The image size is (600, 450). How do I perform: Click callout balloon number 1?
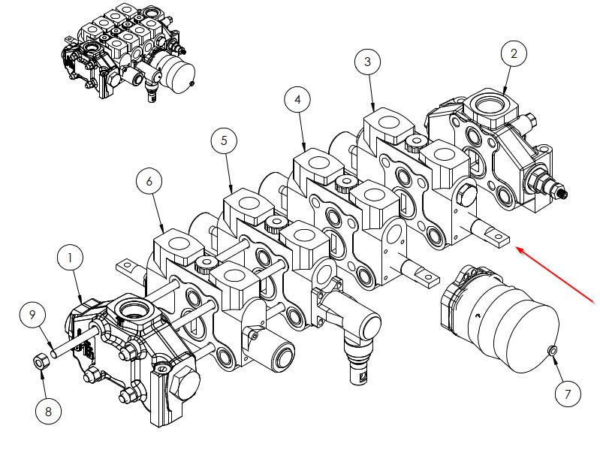coord(71,258)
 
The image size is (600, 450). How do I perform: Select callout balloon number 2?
coord(514,53)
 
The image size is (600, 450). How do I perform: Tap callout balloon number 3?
coord(367,62)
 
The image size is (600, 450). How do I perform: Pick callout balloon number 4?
coord(297,99)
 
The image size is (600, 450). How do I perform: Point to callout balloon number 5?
coord(224,140)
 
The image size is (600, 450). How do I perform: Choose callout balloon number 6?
coord(149,181)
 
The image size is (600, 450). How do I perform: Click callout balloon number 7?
coord(568,392)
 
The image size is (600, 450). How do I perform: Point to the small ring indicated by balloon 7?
coord(552,350)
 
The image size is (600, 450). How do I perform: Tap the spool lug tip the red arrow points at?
coord(499,240)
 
